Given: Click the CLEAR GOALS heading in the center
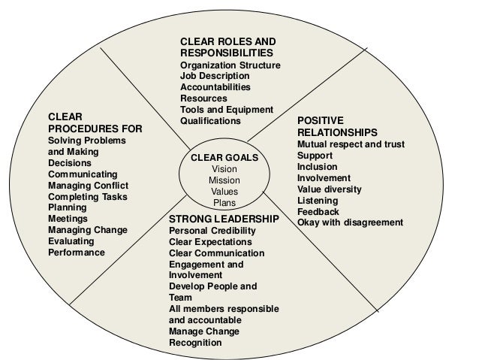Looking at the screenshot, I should (224, 158).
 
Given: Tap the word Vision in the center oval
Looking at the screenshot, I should (224, 169).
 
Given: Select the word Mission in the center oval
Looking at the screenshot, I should (224, 180).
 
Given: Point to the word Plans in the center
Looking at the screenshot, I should (224, 203).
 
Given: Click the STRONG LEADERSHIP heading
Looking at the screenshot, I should (224, 219).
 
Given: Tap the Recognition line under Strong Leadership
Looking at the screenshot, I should (195, 343).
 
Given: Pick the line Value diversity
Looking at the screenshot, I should (329, 189).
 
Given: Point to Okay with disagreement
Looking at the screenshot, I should (350, 222).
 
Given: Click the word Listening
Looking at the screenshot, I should (318, 200).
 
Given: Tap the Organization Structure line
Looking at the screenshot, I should (230, 65).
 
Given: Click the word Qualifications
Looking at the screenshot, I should (211, 121).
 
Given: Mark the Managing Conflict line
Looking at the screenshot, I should (89, 185).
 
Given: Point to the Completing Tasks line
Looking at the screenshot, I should (88, 196).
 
